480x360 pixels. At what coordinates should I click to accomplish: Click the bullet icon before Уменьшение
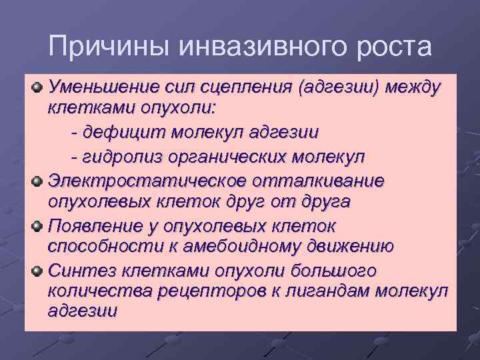tap(38, 87)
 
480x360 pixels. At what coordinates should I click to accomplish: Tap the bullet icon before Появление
tap(38, 226)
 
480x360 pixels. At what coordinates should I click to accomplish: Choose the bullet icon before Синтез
tap(38, 271)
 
